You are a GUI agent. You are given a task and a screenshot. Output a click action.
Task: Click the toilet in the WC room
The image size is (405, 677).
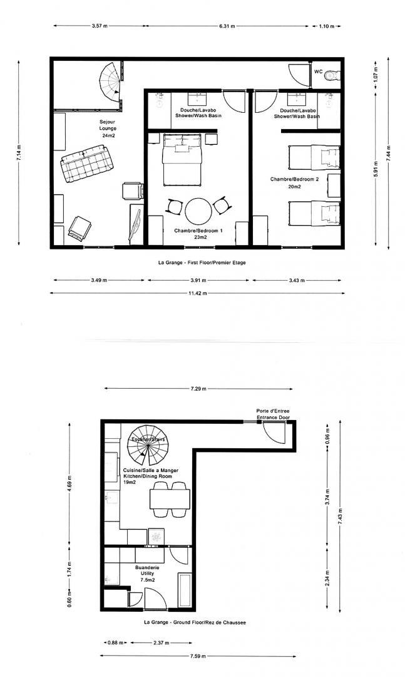[332, 76]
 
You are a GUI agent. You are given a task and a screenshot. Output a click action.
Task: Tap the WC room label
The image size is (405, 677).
[319, 71]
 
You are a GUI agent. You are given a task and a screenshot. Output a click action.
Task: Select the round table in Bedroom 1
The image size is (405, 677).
[198, 211]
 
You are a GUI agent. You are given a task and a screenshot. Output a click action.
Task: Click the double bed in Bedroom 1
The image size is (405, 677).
[182, 159]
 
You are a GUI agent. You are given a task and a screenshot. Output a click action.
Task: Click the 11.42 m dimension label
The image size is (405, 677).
[198, 293]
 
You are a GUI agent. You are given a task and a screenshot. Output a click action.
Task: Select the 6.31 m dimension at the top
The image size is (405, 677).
[227, 26]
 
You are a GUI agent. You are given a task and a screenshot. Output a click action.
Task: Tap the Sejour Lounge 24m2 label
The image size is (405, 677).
[108, 129]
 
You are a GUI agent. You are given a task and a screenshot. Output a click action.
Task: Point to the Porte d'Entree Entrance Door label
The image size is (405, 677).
[273, 414]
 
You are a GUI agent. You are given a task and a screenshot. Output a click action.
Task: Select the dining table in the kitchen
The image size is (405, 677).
[170, 499]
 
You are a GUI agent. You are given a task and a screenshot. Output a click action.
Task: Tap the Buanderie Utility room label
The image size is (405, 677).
[147, 574]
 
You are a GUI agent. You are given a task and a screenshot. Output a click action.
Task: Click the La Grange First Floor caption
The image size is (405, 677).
[202, 263]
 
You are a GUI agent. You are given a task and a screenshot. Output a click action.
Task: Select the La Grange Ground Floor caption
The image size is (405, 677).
[195, 622]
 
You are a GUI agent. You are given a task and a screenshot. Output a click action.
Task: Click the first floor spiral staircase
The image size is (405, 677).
[109, 82]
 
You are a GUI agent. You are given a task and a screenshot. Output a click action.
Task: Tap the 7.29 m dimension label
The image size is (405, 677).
[198, 389]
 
